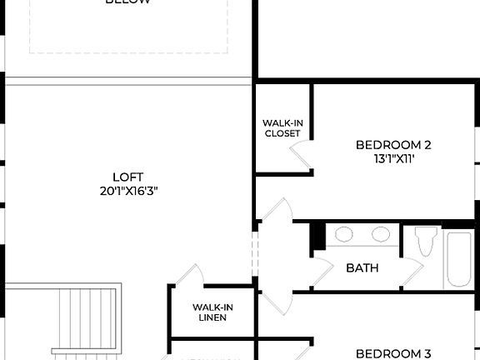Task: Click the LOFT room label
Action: click(128, 177)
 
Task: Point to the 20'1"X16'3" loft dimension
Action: click(128, 191)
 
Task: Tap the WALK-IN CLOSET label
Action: click(282, 128)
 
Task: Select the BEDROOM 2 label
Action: click(393, 144)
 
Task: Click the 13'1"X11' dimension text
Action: click(393, 158)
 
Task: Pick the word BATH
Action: click(362, 267)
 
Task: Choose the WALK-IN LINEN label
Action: click(212, 312)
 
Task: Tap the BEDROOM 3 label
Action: click(393, 353)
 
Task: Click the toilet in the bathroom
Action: click(426, 240)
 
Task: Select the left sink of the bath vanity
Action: click(344, 234)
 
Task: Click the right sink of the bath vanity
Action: click(381, 234)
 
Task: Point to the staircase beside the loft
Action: click(84, 321)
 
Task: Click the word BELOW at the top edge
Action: click(128, 2)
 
